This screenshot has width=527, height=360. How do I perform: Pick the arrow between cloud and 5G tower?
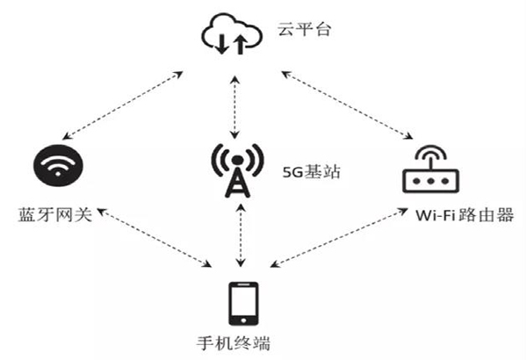click(x=234, y=104)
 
